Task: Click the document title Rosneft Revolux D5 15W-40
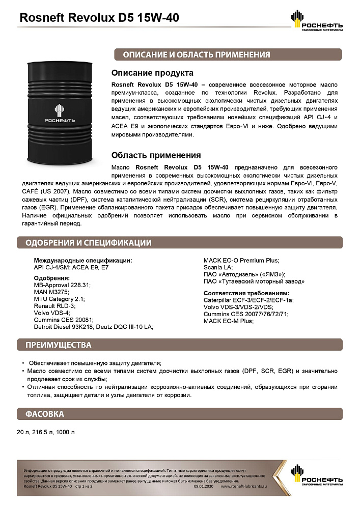point(99,18)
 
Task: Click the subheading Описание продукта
point(152,73)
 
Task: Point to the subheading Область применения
point(156,155)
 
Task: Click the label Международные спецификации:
point(82,260)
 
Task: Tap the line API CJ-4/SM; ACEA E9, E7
point(71,267)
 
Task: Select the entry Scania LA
point(218,267)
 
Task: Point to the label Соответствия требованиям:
point(246,293)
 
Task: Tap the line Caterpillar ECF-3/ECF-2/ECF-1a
point(248,300)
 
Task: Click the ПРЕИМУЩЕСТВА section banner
point(59,346)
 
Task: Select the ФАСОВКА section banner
point(45,414)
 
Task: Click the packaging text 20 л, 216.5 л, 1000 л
point(46,433)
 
